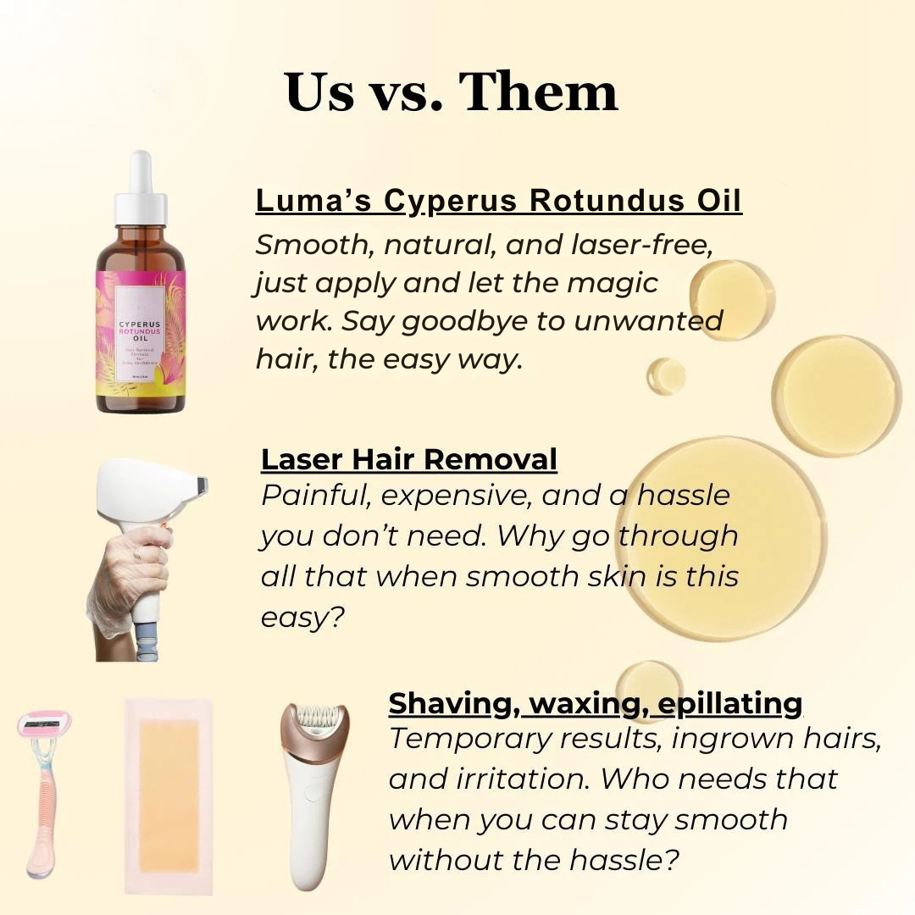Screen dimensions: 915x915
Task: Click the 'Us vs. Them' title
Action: [x=452, y=91]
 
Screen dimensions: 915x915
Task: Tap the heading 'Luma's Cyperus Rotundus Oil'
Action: [x=498, y=202]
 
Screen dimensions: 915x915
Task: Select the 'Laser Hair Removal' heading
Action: [x=409, y=458]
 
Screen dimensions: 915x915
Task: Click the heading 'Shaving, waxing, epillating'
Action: [x=596, y=702]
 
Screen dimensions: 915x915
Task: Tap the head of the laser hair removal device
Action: [x=161, y=490]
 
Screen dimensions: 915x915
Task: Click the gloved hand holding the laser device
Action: [x=131, y=576]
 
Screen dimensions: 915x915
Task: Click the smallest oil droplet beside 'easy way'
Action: [x=666, y=375]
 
